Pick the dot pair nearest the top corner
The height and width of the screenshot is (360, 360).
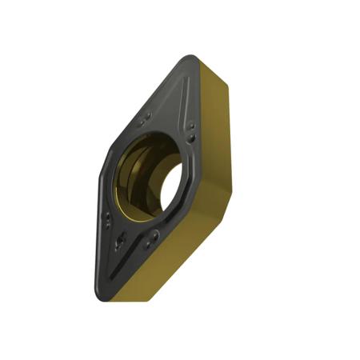tap(145, 118)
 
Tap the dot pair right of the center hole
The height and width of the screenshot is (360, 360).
tap(191, 128)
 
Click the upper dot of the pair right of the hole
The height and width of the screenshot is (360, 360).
tap(191, 124)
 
